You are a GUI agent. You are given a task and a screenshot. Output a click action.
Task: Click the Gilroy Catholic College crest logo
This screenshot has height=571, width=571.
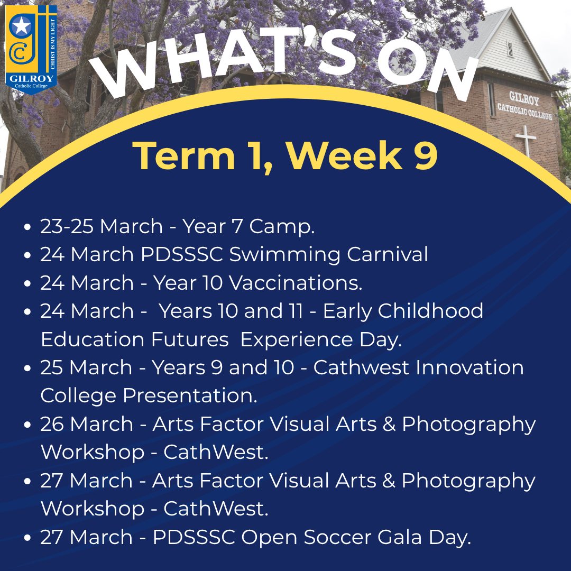click(x=31, y=50)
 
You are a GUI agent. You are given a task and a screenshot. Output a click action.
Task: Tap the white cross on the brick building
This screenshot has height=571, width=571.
click(x=525, y=140)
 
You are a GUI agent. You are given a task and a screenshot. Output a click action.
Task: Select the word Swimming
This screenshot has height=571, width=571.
click(x=284, y=255)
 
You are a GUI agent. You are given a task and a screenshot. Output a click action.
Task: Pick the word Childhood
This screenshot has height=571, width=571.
click(x=430, y=311)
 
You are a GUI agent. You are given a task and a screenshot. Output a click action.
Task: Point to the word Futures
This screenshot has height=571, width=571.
click(x=190, y=339)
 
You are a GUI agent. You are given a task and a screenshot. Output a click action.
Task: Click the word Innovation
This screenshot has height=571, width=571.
click(x=469, y=367)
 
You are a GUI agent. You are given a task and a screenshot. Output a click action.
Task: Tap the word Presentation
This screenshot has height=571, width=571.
click(x=190, y=395)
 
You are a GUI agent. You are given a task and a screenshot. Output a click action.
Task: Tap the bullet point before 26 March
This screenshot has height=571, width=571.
click(x=27, y=425)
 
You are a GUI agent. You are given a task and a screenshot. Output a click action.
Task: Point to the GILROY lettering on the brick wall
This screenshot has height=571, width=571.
click(x=523, y=98)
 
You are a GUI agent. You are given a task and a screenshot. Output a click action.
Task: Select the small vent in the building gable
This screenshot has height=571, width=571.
click(x=510, y=49)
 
